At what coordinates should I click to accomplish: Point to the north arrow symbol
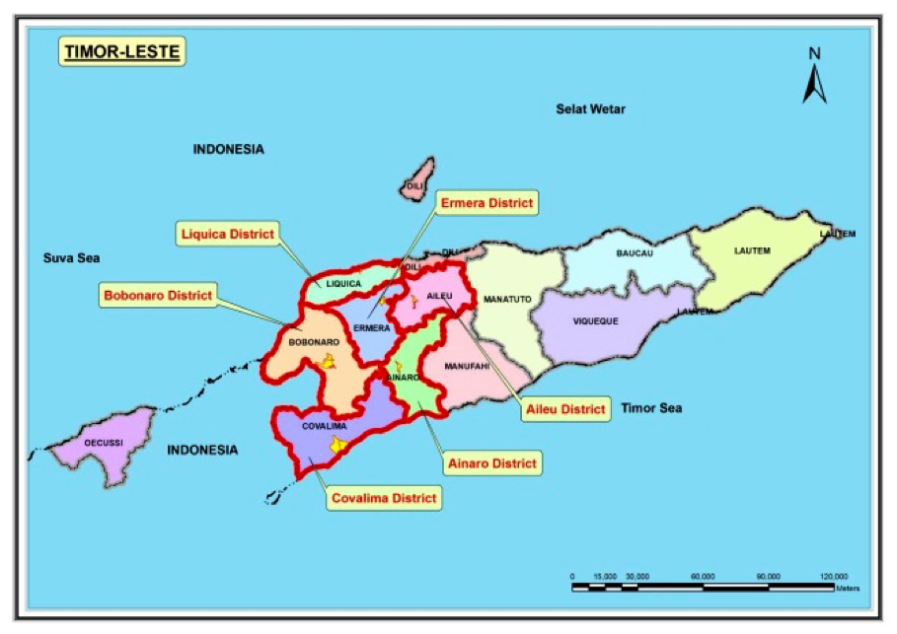[x=814, y=77]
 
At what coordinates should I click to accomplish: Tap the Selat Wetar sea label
[x=589, y=108]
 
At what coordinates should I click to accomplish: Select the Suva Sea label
[x=71, y=258]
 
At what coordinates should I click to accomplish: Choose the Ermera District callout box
[x=486, y=203]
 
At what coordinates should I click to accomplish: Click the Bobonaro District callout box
[x=158, y=294]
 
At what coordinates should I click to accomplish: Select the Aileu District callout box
[x=563, y=409]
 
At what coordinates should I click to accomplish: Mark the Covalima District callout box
[x=384, y=498]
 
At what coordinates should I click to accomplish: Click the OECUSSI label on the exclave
[x=103, y=443]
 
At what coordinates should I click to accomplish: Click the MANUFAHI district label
[x=467, y=366]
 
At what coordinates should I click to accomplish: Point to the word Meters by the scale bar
[x=848, y=589]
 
